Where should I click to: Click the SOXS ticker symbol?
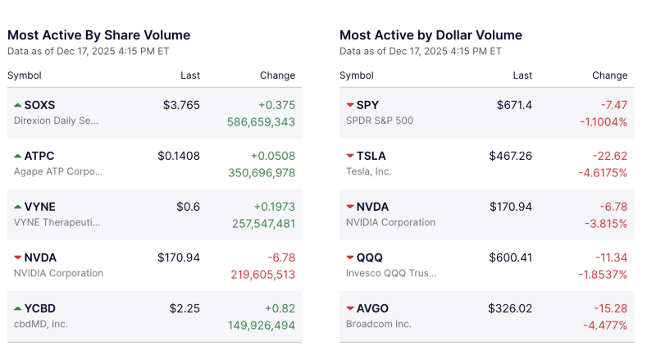39,105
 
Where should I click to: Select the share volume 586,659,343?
261,121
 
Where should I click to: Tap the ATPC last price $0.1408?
179,156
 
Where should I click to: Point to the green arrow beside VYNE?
18,207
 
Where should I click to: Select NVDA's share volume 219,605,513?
261,274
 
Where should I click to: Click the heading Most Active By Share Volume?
98,35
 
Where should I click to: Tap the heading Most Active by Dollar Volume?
430,35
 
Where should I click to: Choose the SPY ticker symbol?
367,105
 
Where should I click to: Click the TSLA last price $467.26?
510,156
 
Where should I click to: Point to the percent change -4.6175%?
602,172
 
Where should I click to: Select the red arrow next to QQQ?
350,257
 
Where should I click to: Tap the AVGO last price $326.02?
510,308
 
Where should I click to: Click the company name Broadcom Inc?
379,324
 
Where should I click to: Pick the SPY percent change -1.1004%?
602,121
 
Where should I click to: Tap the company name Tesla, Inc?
369,171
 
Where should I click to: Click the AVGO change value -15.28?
609,308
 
